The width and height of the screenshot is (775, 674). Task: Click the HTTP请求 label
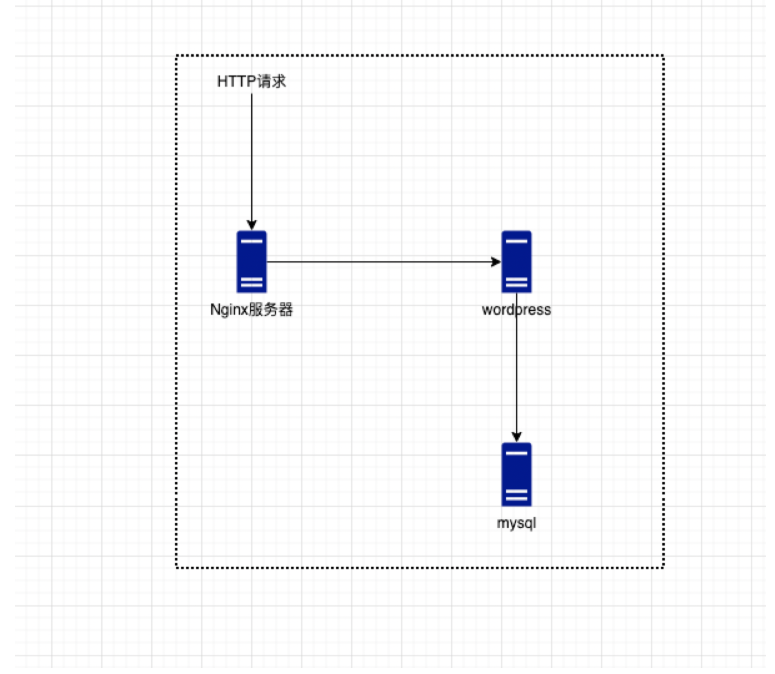252,82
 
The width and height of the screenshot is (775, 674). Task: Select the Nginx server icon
252,262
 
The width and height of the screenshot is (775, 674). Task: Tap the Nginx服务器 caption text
252,310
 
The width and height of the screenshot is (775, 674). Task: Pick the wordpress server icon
516,262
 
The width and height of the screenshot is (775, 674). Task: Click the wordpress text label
516,310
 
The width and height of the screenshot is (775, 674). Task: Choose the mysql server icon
516,474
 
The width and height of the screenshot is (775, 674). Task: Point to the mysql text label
516,523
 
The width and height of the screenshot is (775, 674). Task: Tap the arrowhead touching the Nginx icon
252,225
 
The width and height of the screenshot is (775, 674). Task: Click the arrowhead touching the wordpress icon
495,262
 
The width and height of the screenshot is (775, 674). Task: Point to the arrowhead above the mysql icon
516,437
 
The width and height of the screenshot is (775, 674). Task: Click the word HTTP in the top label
236,82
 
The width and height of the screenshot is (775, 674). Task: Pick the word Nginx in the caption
229,310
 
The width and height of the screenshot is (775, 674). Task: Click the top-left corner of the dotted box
177,56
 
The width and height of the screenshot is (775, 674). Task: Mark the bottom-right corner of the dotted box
663,567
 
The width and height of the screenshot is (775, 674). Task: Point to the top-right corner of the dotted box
663,56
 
